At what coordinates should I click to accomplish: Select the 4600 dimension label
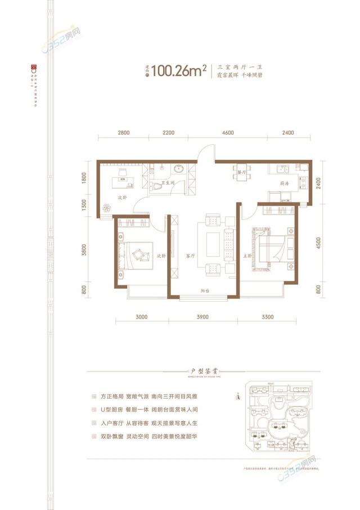pos(228,133)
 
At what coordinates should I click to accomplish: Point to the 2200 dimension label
pos(169,133)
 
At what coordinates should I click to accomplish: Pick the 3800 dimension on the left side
pos(84,249)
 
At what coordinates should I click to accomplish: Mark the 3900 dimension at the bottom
pos(202,317)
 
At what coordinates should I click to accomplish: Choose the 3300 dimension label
pos(267,317)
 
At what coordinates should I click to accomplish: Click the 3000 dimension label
pos(141,317)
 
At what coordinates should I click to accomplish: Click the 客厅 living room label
pos(190,255)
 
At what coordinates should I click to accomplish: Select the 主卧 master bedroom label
pos(247,255)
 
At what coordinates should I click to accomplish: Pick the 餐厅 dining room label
pos(242,173)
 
